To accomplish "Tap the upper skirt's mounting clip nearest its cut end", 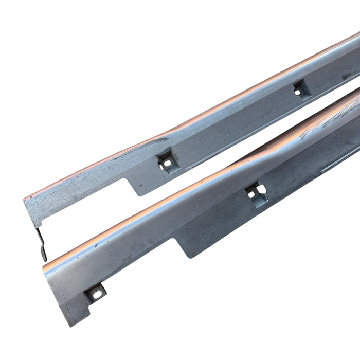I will pyautogui.click(x=166, y=161).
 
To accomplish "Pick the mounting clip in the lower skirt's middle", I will pyautogui.click(x=256, y=194).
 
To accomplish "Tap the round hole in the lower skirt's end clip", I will pyautogui.click(x=95, y=294).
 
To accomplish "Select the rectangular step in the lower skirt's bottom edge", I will pyautogui.click(x=181, y=247).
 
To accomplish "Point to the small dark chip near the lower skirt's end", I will pyautogui.click(x=95, y=245).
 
